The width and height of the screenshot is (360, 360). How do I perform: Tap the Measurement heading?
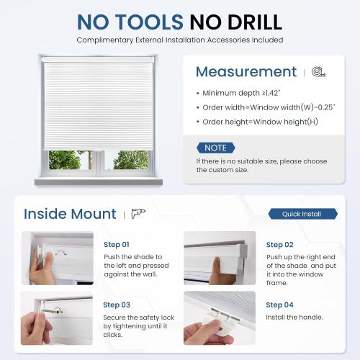pos(246,72)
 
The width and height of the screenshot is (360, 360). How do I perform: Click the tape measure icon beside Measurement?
pos(318,73)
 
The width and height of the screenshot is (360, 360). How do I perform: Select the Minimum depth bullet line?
pos(243,94)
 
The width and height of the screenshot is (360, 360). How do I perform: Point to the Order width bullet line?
pos(264,107)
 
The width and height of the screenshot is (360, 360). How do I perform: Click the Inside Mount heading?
pos(70,214)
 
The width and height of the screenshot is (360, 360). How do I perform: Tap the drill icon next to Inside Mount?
pos(138,215)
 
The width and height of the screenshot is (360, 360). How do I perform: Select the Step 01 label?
pos(116,245)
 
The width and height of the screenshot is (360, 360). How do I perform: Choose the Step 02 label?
pos(279,245)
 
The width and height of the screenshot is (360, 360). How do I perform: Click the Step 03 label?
pos(116,305)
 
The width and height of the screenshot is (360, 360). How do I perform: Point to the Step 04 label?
pos(279,305)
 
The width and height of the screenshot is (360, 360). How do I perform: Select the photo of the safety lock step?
pos(58,318)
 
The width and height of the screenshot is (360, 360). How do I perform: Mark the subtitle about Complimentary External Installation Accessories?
pos(180,40)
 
